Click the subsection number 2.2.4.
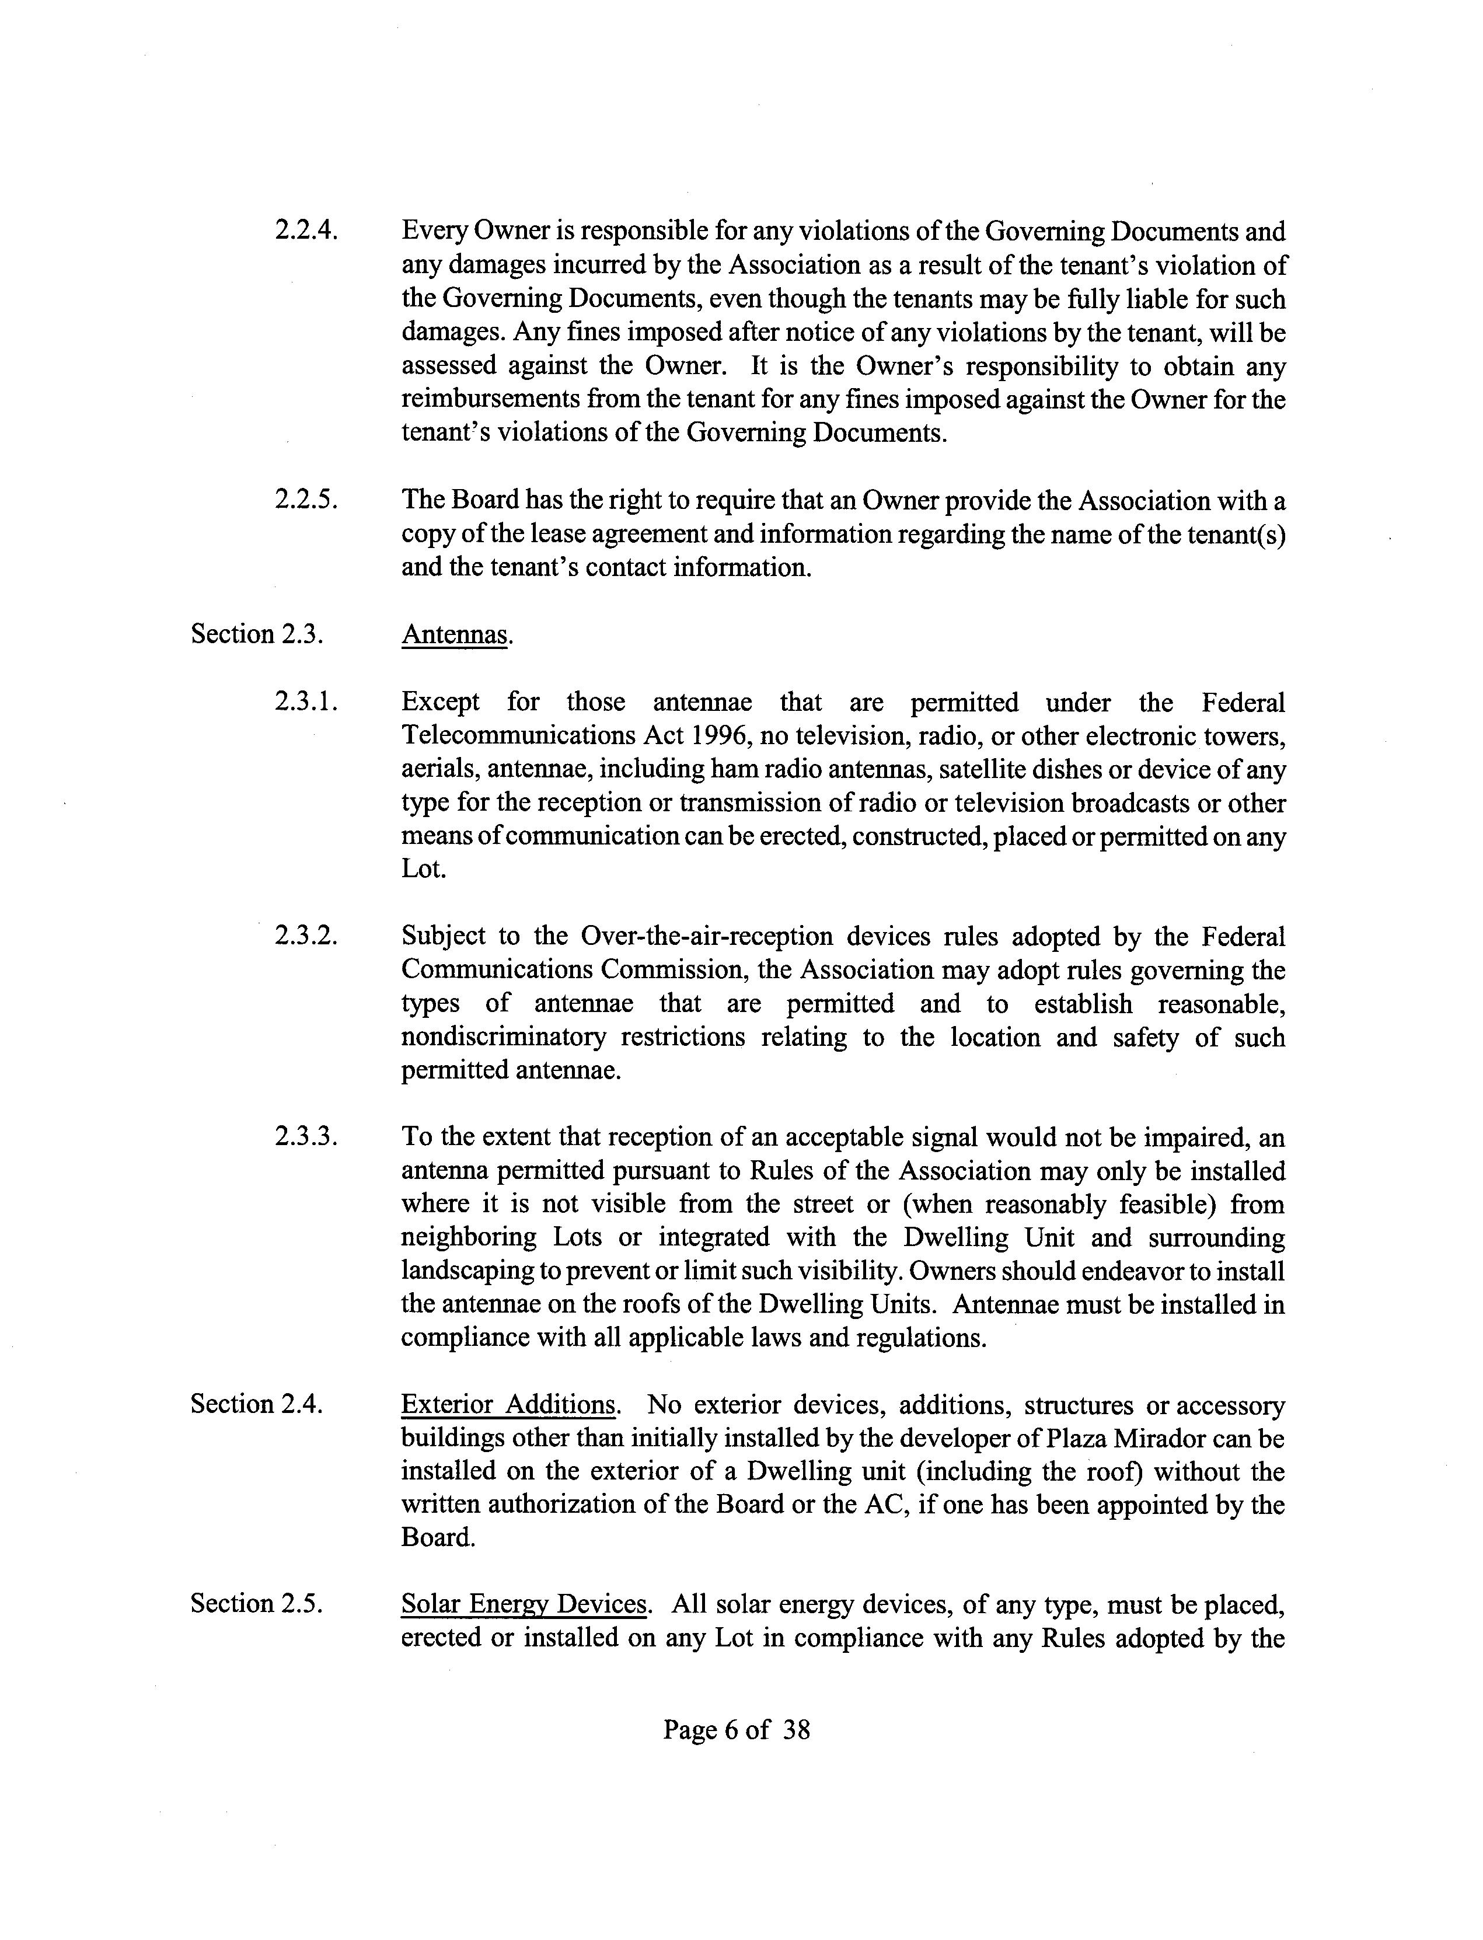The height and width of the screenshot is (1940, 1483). (306, 231)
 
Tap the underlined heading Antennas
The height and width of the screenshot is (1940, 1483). (455, 634)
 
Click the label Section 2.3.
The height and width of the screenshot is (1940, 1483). (257, 634)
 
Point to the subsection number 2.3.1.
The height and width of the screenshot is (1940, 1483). (306, 703)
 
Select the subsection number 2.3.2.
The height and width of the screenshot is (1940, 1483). (306, 937)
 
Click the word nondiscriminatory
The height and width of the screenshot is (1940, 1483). (503, 1037)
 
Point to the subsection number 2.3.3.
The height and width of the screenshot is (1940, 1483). (306, 1138)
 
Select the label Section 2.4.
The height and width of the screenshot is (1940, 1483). (257, 1405)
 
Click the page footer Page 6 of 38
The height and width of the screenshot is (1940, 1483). (736, 1730)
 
